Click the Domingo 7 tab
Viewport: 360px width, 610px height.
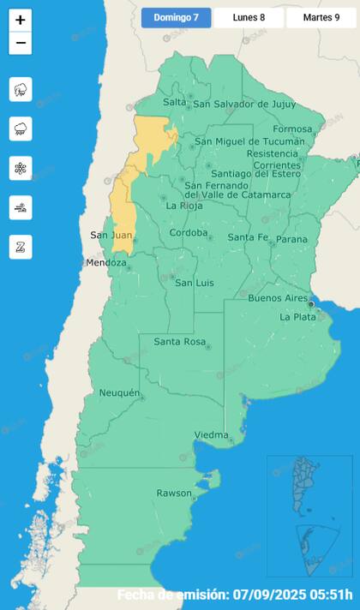click(x=176, y=17)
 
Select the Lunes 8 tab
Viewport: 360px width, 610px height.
click(x=249, y=17)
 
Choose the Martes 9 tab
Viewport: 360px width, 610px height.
click(x=321, y=17)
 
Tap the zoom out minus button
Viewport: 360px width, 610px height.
click(x=21, y=44)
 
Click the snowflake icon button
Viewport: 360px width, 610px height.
click(x=21, y=168)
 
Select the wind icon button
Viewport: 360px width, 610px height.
click(x=21, y=207)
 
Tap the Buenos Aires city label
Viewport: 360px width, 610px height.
click(x=277, y=298)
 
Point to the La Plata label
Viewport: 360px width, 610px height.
click(x=299, y=317)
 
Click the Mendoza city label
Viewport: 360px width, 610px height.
click(x=105, y=263)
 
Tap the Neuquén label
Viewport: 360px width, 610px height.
click(x=119, y=392)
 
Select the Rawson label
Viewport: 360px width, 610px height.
click(x=174, y=493)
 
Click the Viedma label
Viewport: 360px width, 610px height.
click(x=211, y=435)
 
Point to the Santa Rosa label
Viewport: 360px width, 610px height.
click(x=179, y=342)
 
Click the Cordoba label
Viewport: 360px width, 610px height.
click(x=189, y=232)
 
